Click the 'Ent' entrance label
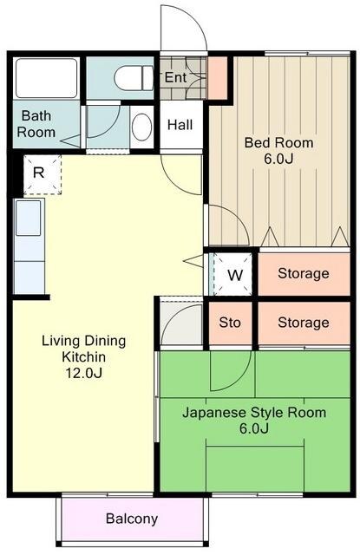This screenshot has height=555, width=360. click(176, 77)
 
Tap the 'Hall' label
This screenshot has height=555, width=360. click(180, 125)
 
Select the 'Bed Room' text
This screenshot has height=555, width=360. click(278, 142)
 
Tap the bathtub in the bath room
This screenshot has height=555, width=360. click(48, 79)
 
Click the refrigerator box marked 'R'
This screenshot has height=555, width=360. click(39, 173)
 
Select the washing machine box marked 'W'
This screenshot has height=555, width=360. click(234, 275)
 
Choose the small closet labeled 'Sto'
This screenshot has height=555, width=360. click(230, 323)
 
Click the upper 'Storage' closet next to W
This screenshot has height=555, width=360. click(304, 274)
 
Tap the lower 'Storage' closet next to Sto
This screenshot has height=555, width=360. click(304, 323)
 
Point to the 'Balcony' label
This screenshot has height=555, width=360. click(132, 519)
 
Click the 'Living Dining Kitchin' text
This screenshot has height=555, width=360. click(83, 349)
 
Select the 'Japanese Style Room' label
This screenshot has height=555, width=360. click(254, 413)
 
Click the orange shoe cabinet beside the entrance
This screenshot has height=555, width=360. click(217, 77)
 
